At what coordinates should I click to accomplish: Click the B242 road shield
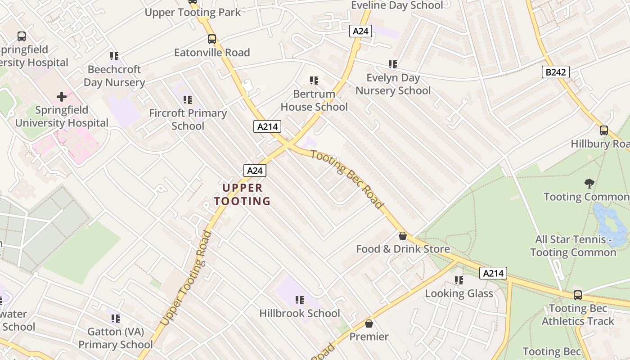556,72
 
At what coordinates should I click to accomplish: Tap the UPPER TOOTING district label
242,194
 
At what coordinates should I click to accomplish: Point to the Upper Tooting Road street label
186,278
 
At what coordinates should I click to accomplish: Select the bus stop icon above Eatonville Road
212,39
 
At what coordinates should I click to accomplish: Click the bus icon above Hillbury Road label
604,130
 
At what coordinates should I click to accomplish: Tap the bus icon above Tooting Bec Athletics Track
578,295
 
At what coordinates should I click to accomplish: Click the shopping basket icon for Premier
369,324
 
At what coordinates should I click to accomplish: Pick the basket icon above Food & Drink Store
403,236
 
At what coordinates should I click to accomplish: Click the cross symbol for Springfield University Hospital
62,97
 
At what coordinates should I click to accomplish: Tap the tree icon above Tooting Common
589,183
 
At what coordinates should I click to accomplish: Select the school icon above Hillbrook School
300,300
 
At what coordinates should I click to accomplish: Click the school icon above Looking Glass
459,280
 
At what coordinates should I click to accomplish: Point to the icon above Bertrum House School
314,81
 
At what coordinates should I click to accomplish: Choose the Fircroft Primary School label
188,119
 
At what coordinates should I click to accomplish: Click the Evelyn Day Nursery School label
393,84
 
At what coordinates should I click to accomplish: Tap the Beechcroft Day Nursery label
114,76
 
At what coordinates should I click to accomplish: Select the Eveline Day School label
397,5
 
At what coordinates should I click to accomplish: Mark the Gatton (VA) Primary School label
116,338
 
